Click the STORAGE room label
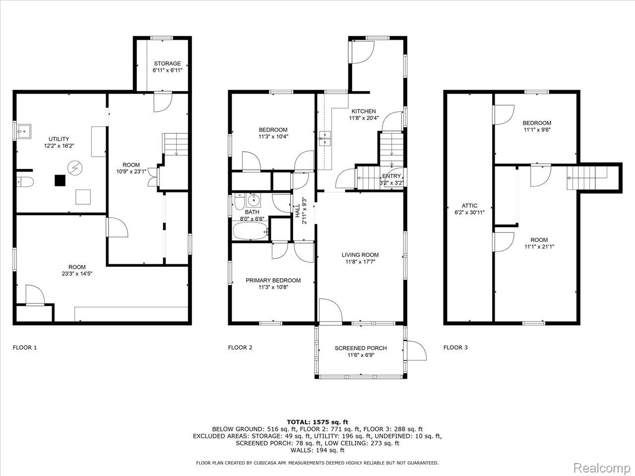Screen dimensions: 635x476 point(167,63)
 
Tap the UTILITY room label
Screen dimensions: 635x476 point(59,139)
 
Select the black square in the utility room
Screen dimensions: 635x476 point(60,180)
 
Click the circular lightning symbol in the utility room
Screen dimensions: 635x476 point(75,168)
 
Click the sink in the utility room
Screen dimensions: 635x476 point(24,131)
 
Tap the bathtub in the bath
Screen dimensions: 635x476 point(251,231)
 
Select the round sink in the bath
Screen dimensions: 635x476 point(254,200)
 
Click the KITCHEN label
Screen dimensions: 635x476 point(364,111)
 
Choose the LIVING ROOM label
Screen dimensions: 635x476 point(360,255)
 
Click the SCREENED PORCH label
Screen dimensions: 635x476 point(361,348)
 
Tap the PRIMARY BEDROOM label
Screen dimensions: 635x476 point(273,280)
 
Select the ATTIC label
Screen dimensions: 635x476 point(469,206)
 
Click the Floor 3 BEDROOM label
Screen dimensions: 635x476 point(537,123)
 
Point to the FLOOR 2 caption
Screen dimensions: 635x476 point(240,348)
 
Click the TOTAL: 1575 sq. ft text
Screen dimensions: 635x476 point(317,422)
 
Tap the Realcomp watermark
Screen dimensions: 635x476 point(602,468)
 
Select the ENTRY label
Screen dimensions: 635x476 point(391,176)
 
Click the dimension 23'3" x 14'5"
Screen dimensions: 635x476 point(77,274)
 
